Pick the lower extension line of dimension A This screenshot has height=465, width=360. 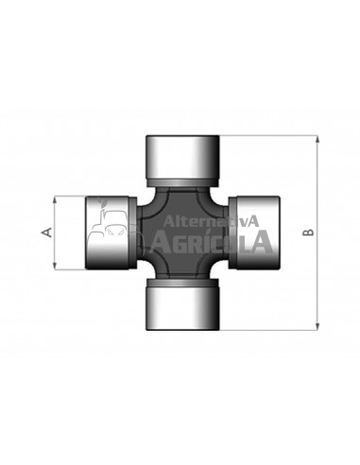(76, 268)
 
